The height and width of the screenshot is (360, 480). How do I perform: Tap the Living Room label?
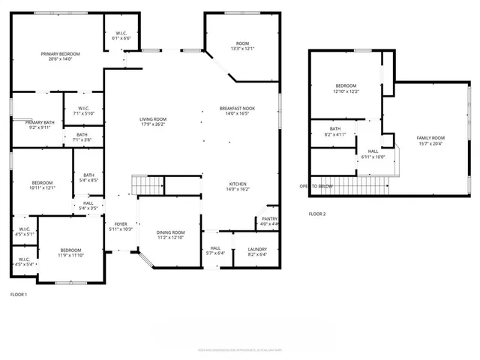[x=152, y=119]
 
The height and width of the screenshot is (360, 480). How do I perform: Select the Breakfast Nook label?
[x=237, y=109]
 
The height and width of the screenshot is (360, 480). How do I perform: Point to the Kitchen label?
[x=237, y=184]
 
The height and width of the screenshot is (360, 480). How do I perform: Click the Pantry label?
[x=268, y=218]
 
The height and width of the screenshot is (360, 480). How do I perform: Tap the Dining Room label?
[x=169, y=232]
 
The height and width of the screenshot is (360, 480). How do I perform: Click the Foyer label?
[x=120, y=224]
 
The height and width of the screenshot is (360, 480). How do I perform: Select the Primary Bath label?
[x=40, y=122]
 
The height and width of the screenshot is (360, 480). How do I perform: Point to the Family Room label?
[x=430, y=138]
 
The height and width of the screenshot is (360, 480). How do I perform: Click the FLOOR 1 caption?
[x=19, y=294]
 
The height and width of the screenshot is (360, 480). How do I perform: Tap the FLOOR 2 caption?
[x=317, y=214]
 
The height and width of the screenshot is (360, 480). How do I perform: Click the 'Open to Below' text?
[x=316, y=186]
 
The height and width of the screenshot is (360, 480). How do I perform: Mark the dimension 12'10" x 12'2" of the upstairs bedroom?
[x=346, y=91]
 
